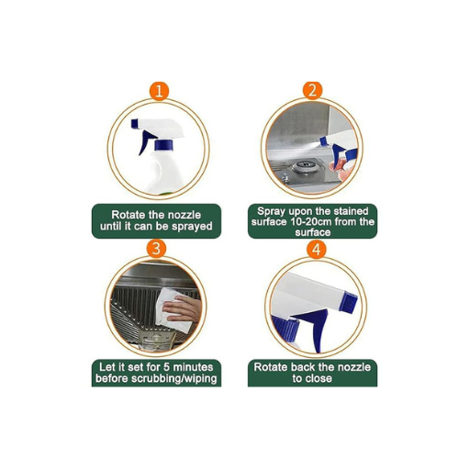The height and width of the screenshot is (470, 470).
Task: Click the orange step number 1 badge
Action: tap(159, 91)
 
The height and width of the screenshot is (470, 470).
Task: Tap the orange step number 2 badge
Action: tap(312, 90)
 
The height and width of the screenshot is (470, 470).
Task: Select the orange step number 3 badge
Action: tap(156, 248)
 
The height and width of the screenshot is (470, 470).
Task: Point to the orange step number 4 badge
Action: tap(317, 250)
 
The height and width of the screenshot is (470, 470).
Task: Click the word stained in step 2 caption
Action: tap(351, 211)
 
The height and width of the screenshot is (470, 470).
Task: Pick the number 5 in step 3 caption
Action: tap(167, 367)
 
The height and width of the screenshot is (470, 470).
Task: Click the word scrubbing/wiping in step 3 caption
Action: tap(173, 378)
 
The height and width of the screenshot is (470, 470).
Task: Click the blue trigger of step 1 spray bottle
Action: tap(145, 142)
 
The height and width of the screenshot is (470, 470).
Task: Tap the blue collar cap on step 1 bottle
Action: tap(163, 145)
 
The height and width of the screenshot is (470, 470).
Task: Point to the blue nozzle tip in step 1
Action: tap(135, 124)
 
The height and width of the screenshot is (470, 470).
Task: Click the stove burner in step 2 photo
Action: tap(303, 168)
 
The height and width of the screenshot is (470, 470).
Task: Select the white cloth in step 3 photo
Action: tap(173, 309)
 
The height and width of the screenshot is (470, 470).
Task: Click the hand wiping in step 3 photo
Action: tap(183, 308)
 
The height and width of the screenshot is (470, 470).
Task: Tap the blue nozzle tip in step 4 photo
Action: tap(349, 301)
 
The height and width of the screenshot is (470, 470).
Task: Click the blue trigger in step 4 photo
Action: tap(313, 327)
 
